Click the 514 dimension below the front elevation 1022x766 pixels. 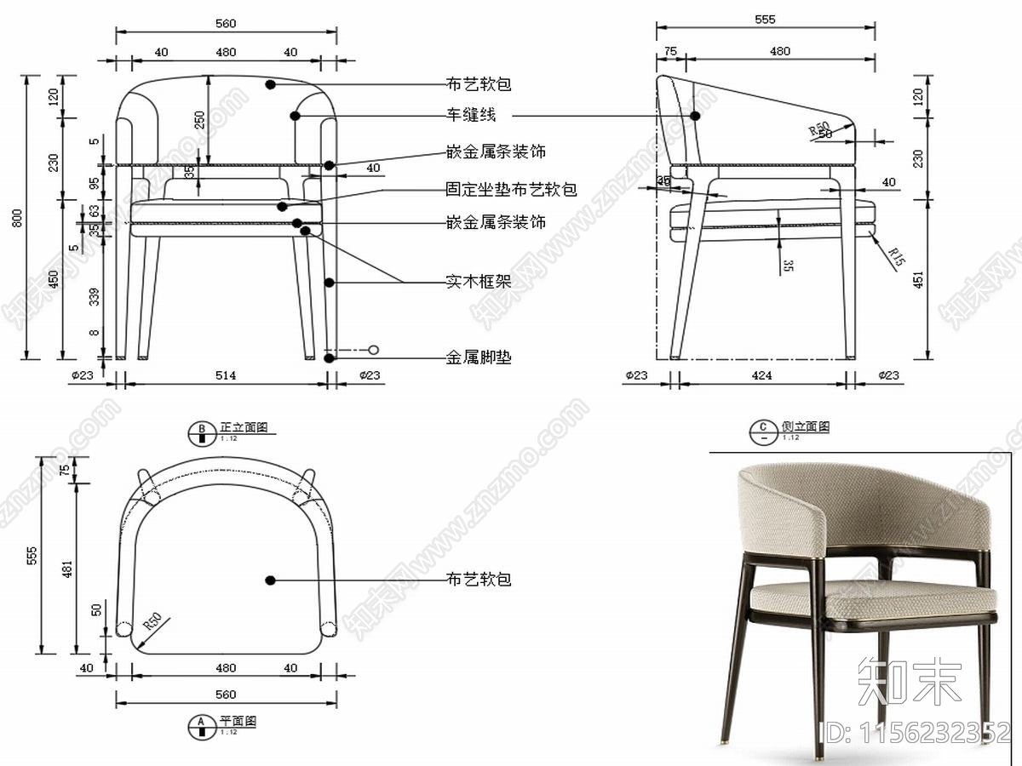pyautogui.click(x=225, y=374)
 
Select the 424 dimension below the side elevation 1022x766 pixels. pyautogui.click(x=764, y=374)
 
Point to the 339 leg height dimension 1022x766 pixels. pyautogui.click(x=94, y=295)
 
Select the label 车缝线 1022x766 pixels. pyautogui.click(x=471, y=114)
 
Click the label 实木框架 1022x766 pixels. pyautogui.click(x=479, y=281)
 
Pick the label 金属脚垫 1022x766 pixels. pyautogui.click(x=479, y=357)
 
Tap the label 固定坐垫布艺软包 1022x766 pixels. pyautogui.click(x=511, y=189)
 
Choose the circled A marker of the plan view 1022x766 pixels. pyautogui.click(x=202, y=726)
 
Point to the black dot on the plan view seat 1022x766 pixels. pyautogui.click(x=271, y=580)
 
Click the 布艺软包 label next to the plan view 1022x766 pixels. pyautogui.click(x=479, y=580)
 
